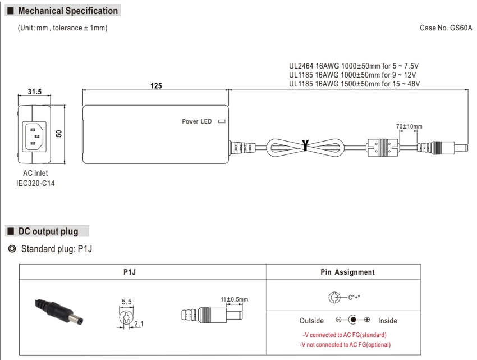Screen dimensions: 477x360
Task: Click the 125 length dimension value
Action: pos(156,86)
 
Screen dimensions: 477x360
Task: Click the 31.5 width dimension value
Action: pos(35,92)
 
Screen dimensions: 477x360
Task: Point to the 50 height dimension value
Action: pos(59,134)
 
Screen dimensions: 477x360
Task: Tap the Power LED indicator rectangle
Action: pos(222,121)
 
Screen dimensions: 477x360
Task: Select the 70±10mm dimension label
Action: pos(409,126)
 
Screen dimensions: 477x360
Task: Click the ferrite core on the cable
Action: pos(382,147)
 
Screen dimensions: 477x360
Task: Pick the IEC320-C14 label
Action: pos(35,183)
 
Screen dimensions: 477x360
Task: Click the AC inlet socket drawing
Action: pos(34,136)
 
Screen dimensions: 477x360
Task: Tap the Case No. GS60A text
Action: pos(446,28)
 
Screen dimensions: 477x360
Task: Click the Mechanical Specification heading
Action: pos(68,11)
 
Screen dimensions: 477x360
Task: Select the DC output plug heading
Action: pos(48,231)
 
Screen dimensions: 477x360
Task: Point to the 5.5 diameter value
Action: pos(127,302)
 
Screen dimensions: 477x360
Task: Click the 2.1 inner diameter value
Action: pos(139,323)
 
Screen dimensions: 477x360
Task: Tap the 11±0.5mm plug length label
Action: pos(234,299)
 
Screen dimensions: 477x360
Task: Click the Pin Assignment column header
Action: pos(347,272)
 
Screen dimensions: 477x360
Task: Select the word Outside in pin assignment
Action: pos(311,321)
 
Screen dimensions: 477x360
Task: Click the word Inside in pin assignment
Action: pos(388,321)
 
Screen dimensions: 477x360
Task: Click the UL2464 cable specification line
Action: pos(354,66)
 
